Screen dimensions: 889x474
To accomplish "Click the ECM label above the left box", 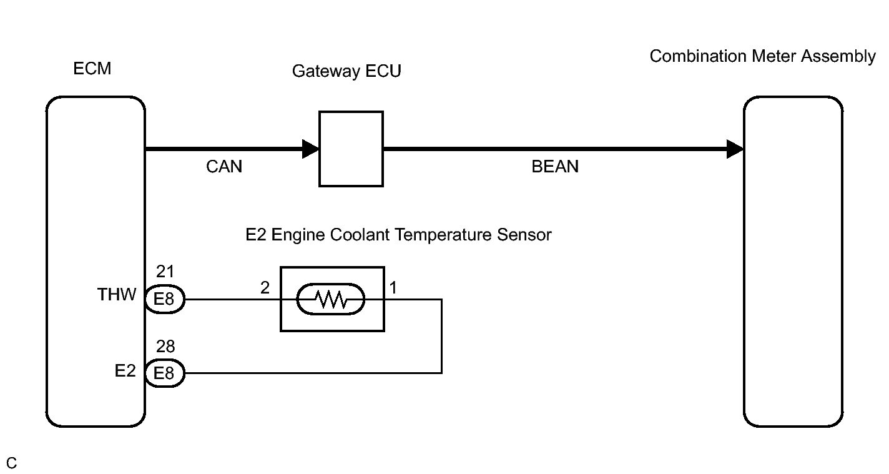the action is tap(92, 68).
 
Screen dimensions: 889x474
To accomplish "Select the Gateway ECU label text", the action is tap(346, 71).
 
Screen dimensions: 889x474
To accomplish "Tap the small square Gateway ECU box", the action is tap(351, 149).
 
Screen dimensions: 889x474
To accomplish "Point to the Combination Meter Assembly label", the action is tap(762, 56).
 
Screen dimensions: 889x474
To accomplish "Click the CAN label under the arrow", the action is tap(224, 166).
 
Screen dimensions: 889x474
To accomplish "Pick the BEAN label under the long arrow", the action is tap(555, 166).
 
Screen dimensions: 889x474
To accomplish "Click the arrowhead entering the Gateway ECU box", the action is tap(311, 149).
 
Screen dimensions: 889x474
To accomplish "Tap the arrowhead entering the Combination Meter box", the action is tap(735, 149).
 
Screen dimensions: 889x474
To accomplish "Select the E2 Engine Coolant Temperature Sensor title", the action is tap(398, 235).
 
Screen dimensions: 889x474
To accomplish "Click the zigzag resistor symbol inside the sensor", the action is tap(331, 299).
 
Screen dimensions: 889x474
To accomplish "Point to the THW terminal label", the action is tap(117, 295).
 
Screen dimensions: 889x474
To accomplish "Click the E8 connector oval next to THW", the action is tap(165, 299).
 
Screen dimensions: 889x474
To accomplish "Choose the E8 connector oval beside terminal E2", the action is tap(165, 373).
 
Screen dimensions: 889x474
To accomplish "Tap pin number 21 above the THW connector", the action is tap(165, 272).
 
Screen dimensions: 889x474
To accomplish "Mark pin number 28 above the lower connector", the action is tap(165, 347).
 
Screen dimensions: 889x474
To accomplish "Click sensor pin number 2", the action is tap(265, 287).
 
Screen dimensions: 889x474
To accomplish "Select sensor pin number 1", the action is tap(393, 287).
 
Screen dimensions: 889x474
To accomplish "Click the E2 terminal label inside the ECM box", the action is tap(125, 371).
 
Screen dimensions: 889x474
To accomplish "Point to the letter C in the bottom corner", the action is tap(11, 463).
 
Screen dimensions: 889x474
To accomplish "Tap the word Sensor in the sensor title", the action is tap(524, 235).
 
